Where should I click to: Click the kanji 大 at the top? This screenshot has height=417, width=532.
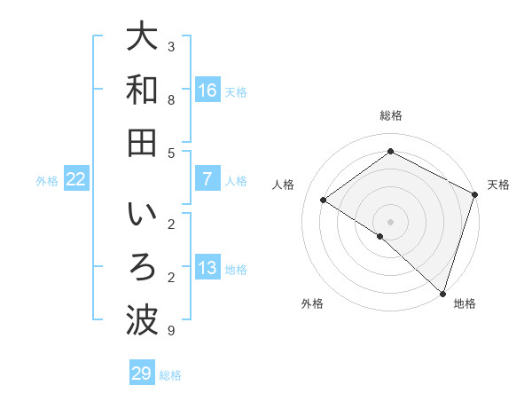pos(141,39)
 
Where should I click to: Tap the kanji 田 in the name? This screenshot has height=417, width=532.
pos(141,143)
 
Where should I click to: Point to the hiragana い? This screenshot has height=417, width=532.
pos(141,216)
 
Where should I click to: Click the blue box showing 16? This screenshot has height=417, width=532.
pos(207,90)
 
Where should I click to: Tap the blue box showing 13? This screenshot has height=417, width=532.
pos(207,269)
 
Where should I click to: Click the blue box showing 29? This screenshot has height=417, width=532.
pos(141,374)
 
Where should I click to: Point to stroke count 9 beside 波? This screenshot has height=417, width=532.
pos(171,331)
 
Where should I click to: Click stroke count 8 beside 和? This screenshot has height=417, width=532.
pos(171,99)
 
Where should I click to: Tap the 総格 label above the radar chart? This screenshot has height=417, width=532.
pos(390,115)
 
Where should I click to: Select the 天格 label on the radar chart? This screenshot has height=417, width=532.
pos(498,185)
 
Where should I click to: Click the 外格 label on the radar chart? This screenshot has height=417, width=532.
pos(312,303)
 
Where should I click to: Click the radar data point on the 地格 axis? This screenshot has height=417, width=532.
pos(442,293)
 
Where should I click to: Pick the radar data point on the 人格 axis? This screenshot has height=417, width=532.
pos(323,200)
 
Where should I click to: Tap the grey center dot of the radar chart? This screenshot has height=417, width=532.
pos(390,221)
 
